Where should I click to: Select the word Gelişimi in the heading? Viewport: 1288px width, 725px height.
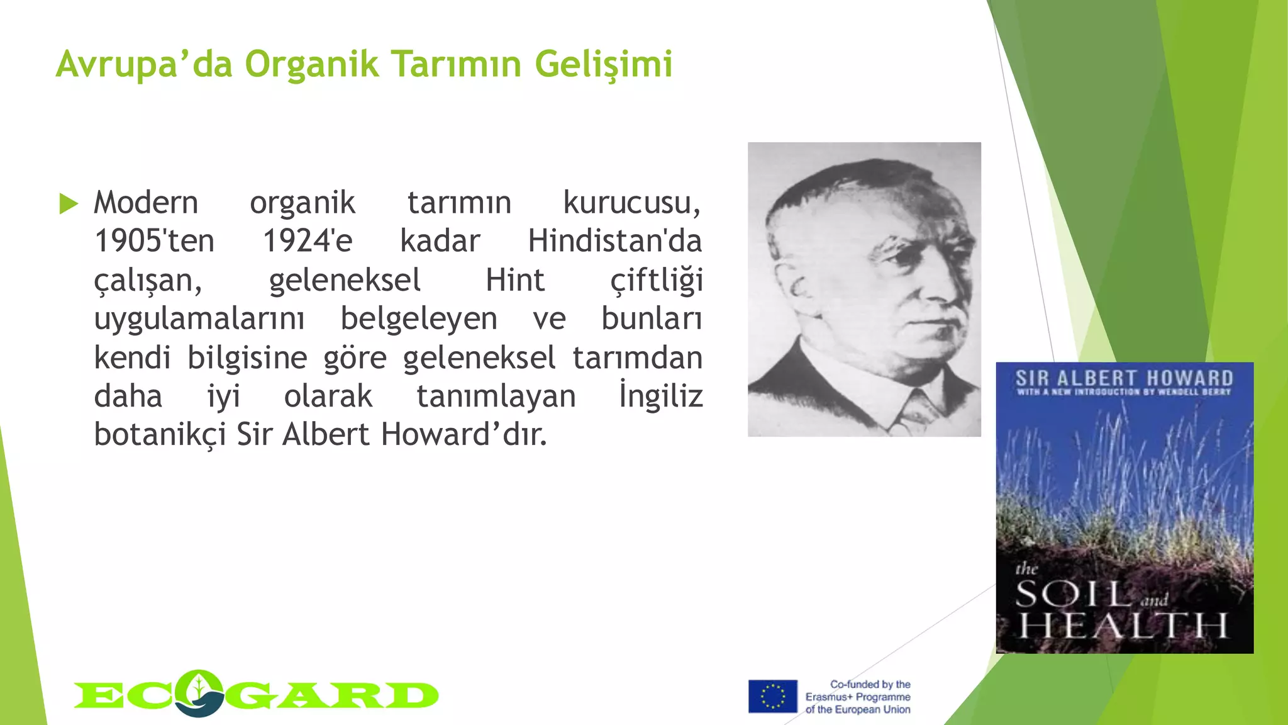(x=604, y=64)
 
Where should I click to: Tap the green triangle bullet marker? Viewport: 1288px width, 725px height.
(x=68, y=204)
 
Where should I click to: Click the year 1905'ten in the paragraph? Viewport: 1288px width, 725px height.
(x=154, y=241)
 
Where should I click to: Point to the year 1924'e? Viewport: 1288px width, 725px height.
(x=308, y=241)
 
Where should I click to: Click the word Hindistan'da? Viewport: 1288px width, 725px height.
(x=614, y=241)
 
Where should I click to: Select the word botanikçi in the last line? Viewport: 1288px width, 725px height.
(x=160, y=435)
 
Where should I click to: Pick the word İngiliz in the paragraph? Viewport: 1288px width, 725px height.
(x=660, y=396)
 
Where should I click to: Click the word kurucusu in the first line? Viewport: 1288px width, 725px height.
(x=631, y=203)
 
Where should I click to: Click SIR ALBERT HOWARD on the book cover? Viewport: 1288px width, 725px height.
(x=1124, y=378)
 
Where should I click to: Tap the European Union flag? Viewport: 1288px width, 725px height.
(x=772, y=696)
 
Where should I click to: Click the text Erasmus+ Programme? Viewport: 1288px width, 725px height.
(x=858, y=697)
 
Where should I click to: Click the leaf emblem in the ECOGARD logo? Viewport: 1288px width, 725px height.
(x=199, y=691)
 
